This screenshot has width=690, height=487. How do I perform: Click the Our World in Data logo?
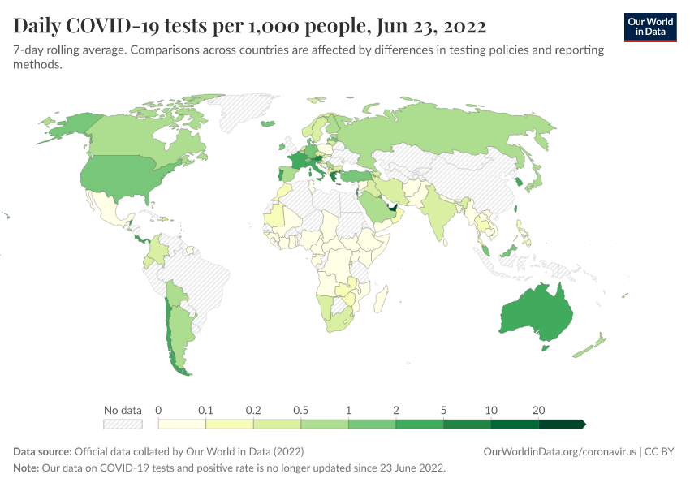(x=650, y=26)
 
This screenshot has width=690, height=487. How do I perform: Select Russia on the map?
(x=455, y=130)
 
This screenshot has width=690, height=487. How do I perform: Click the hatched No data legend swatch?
(x=122, y=424)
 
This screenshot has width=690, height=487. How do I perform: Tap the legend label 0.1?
(x=206, y=410)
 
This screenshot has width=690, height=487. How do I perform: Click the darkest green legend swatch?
(x=560, y=424)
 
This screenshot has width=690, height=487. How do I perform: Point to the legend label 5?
(x=443, y=410)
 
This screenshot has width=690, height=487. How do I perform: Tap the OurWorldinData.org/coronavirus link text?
(x=559, y=451)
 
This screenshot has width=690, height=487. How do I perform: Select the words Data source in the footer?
(x=42, y=451)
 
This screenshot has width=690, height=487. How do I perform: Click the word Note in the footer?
(x=26, y=468)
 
